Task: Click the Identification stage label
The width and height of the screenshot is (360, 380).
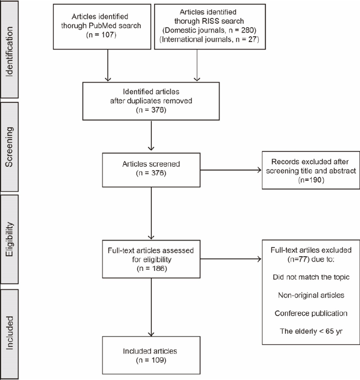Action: click(9, 52)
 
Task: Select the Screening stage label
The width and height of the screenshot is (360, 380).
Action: click(9, 147)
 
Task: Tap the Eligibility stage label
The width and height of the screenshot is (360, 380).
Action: click(9, 239)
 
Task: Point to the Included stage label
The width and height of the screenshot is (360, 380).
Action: click(9, 333)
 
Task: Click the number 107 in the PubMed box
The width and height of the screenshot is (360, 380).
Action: click(107, 35)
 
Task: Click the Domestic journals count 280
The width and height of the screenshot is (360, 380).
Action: click(248, 30)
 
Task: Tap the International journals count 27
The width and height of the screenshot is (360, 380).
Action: click(253, 39)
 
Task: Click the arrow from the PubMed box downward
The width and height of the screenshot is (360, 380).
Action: click(108, 65)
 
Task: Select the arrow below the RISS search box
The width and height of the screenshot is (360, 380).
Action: click(197, 65)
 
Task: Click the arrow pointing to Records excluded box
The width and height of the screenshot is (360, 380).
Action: click(231, 170)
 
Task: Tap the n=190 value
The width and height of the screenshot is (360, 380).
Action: click(311, 180)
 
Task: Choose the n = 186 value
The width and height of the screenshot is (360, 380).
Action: click(152, 269)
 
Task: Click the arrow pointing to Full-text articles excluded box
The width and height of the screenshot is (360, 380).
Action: click(231, 259)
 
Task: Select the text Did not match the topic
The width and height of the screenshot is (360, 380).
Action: click(311, 277)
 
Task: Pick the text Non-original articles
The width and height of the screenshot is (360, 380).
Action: click(311, 295)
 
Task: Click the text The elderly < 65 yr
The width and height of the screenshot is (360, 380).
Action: click(311, 331)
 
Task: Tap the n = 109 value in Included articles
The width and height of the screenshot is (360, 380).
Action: click(151, 360)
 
